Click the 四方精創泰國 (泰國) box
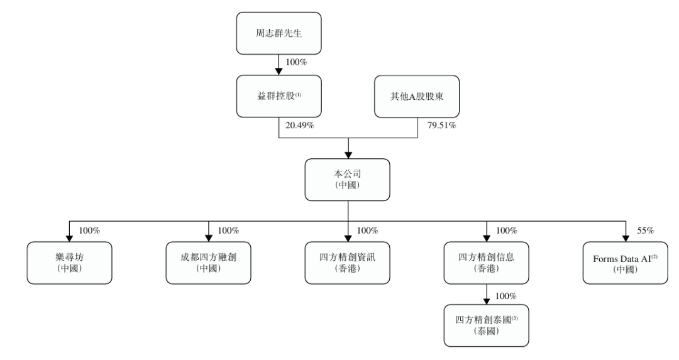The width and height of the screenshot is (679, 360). point(486,325)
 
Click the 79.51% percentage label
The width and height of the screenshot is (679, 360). point(440,126)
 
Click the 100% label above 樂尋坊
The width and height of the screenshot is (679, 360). point(89,230)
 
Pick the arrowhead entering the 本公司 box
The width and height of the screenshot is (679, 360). point(347,155)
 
